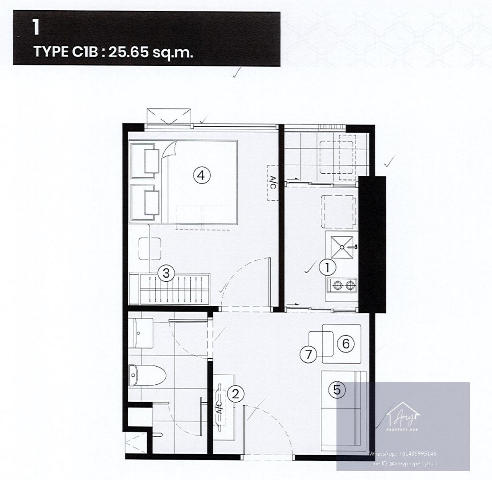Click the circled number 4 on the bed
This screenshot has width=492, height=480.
click(201, 175)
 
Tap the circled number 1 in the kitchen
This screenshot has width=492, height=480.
click(327, 268)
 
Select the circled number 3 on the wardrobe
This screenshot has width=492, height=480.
click(166, 273)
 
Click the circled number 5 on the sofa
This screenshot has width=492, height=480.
click(337, 390)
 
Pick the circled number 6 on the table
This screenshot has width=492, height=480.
click(346, 344)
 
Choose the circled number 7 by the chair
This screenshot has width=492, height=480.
click(309, 355)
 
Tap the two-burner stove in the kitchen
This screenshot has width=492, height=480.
click(342, 285)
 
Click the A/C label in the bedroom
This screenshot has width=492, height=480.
click(273, 183)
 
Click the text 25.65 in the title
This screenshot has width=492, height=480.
click(128, 52)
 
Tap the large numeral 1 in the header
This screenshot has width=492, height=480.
click(36, 27)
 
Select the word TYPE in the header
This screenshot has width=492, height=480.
click(51, 52)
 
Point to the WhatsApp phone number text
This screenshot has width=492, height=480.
click(403, 453)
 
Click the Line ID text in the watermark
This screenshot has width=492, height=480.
click(403, 464)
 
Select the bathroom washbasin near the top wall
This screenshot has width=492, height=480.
click(140, 333)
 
